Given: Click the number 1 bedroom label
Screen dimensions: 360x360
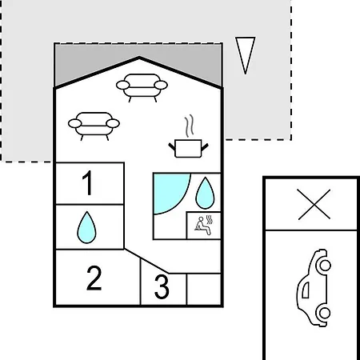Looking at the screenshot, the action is pyautogui.click(x=88, y=183).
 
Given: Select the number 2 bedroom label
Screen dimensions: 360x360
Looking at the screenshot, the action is pyautogui.click(x=94, y=278).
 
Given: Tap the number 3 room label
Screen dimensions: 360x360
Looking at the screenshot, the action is pyautogui.click(x=162, y=287).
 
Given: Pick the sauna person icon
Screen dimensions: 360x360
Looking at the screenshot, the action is pyautogui.click(x=204, y=226).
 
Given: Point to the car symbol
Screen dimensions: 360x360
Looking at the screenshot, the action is pyautogui.click(x=314, y=287).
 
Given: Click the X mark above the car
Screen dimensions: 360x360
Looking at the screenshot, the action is pyautogui.click(x=314, y=205).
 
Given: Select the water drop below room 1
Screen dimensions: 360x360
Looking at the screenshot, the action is pyautogui.click(x=86, y=227).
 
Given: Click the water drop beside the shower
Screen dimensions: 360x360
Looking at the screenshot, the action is pyautogui.click(x=205, y=193).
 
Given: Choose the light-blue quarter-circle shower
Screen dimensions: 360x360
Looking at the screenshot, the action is pyautogui.click(x=170, y=190).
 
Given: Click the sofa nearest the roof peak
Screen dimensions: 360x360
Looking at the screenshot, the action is pyautogui.click(x=142, y=87).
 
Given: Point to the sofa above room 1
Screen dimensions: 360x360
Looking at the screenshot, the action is pyautogui.click(x=94, y=126).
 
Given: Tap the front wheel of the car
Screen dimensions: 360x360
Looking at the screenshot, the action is pyautogui.click(x=325, y=266).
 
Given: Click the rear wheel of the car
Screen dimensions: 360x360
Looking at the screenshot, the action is pyautogui.click(x=325, y=313).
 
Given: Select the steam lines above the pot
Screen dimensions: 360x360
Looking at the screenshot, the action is pyautogui.click(x=189, y=126).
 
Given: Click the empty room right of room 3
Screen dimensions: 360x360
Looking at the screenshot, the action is pyautogui.click(x=204, y=289).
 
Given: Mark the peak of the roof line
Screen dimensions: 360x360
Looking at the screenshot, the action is pyautogui.click(x=139, y=58).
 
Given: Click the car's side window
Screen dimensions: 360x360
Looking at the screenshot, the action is pyautogui.click(x=306, y=290).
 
